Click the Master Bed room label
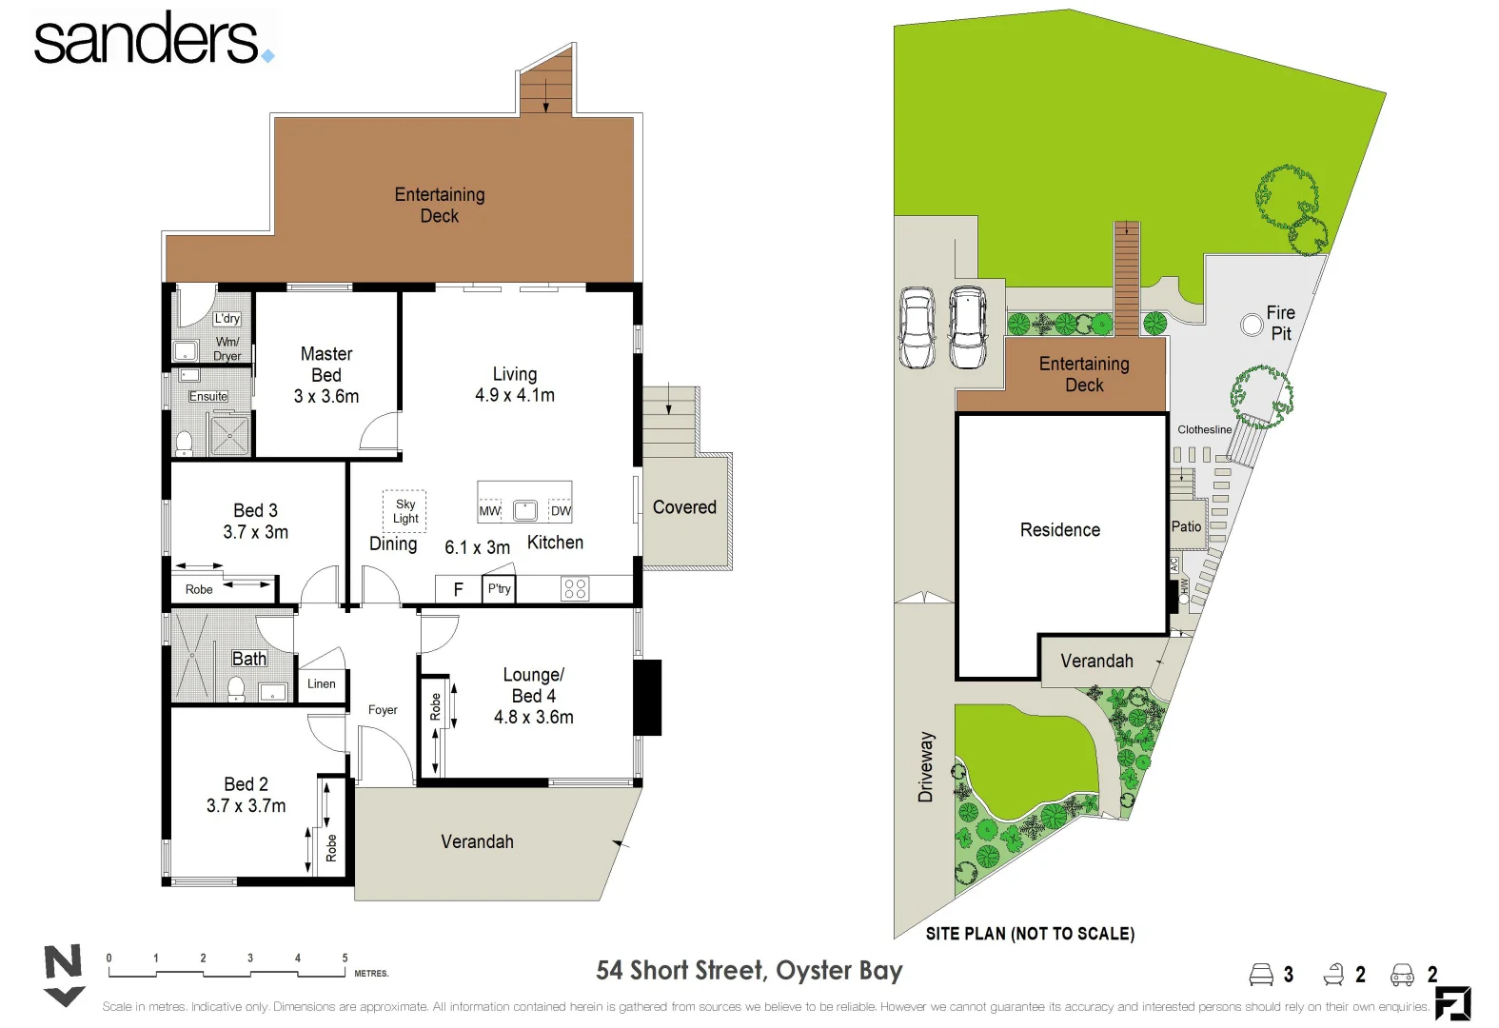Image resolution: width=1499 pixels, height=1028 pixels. point(325,365)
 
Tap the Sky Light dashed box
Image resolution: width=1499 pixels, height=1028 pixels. point(404,511)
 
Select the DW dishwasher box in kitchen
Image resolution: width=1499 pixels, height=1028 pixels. point(561,511)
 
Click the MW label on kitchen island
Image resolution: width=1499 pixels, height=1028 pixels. point(489,511)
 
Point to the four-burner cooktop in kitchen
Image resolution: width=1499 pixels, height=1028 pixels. point(575,589)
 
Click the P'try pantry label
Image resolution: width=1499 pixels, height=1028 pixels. point(499,589)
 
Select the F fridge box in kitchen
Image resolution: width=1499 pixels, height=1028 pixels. point(458,589)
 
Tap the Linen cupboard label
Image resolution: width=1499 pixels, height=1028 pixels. point(321,683)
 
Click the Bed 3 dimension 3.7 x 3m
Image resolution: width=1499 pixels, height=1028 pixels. point(255,532)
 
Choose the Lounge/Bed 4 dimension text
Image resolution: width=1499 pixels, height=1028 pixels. point(533,718)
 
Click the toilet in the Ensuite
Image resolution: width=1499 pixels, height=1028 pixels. point(185,443)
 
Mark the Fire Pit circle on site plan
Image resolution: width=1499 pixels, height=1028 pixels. point(1252,325)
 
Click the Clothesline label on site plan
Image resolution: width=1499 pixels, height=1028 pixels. point(1204,429)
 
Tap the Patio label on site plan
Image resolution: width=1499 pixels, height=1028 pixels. point(1186,526)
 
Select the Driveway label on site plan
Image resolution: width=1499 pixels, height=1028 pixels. point(925,767)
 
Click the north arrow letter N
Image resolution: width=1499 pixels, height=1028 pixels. point(64,962)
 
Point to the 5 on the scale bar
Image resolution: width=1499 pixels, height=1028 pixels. point(345,959)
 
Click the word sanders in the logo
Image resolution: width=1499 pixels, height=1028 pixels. point(146,40)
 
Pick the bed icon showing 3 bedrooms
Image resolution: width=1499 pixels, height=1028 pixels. point(1261,975)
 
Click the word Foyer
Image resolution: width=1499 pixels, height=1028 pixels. point(383,710)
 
